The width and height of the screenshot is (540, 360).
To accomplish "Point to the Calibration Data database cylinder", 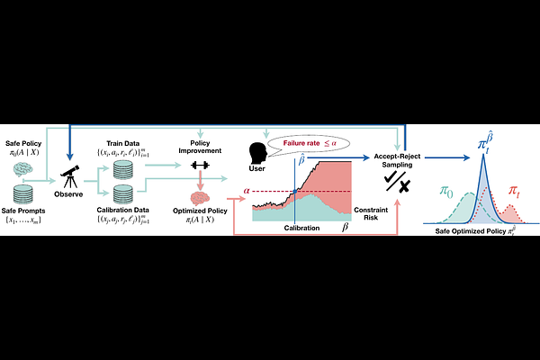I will pyautogui.click(x=122, y=194).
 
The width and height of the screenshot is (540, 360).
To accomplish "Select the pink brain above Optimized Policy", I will pyautogui.click(x=199, y=198).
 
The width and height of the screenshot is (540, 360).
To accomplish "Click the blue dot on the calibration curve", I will pyautogui.click(x=294, y=191).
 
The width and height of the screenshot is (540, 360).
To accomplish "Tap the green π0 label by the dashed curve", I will pyautogui.click(x=445, y=190).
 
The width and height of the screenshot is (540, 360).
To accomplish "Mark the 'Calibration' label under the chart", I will pyautogui.click(x=301, y=229).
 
